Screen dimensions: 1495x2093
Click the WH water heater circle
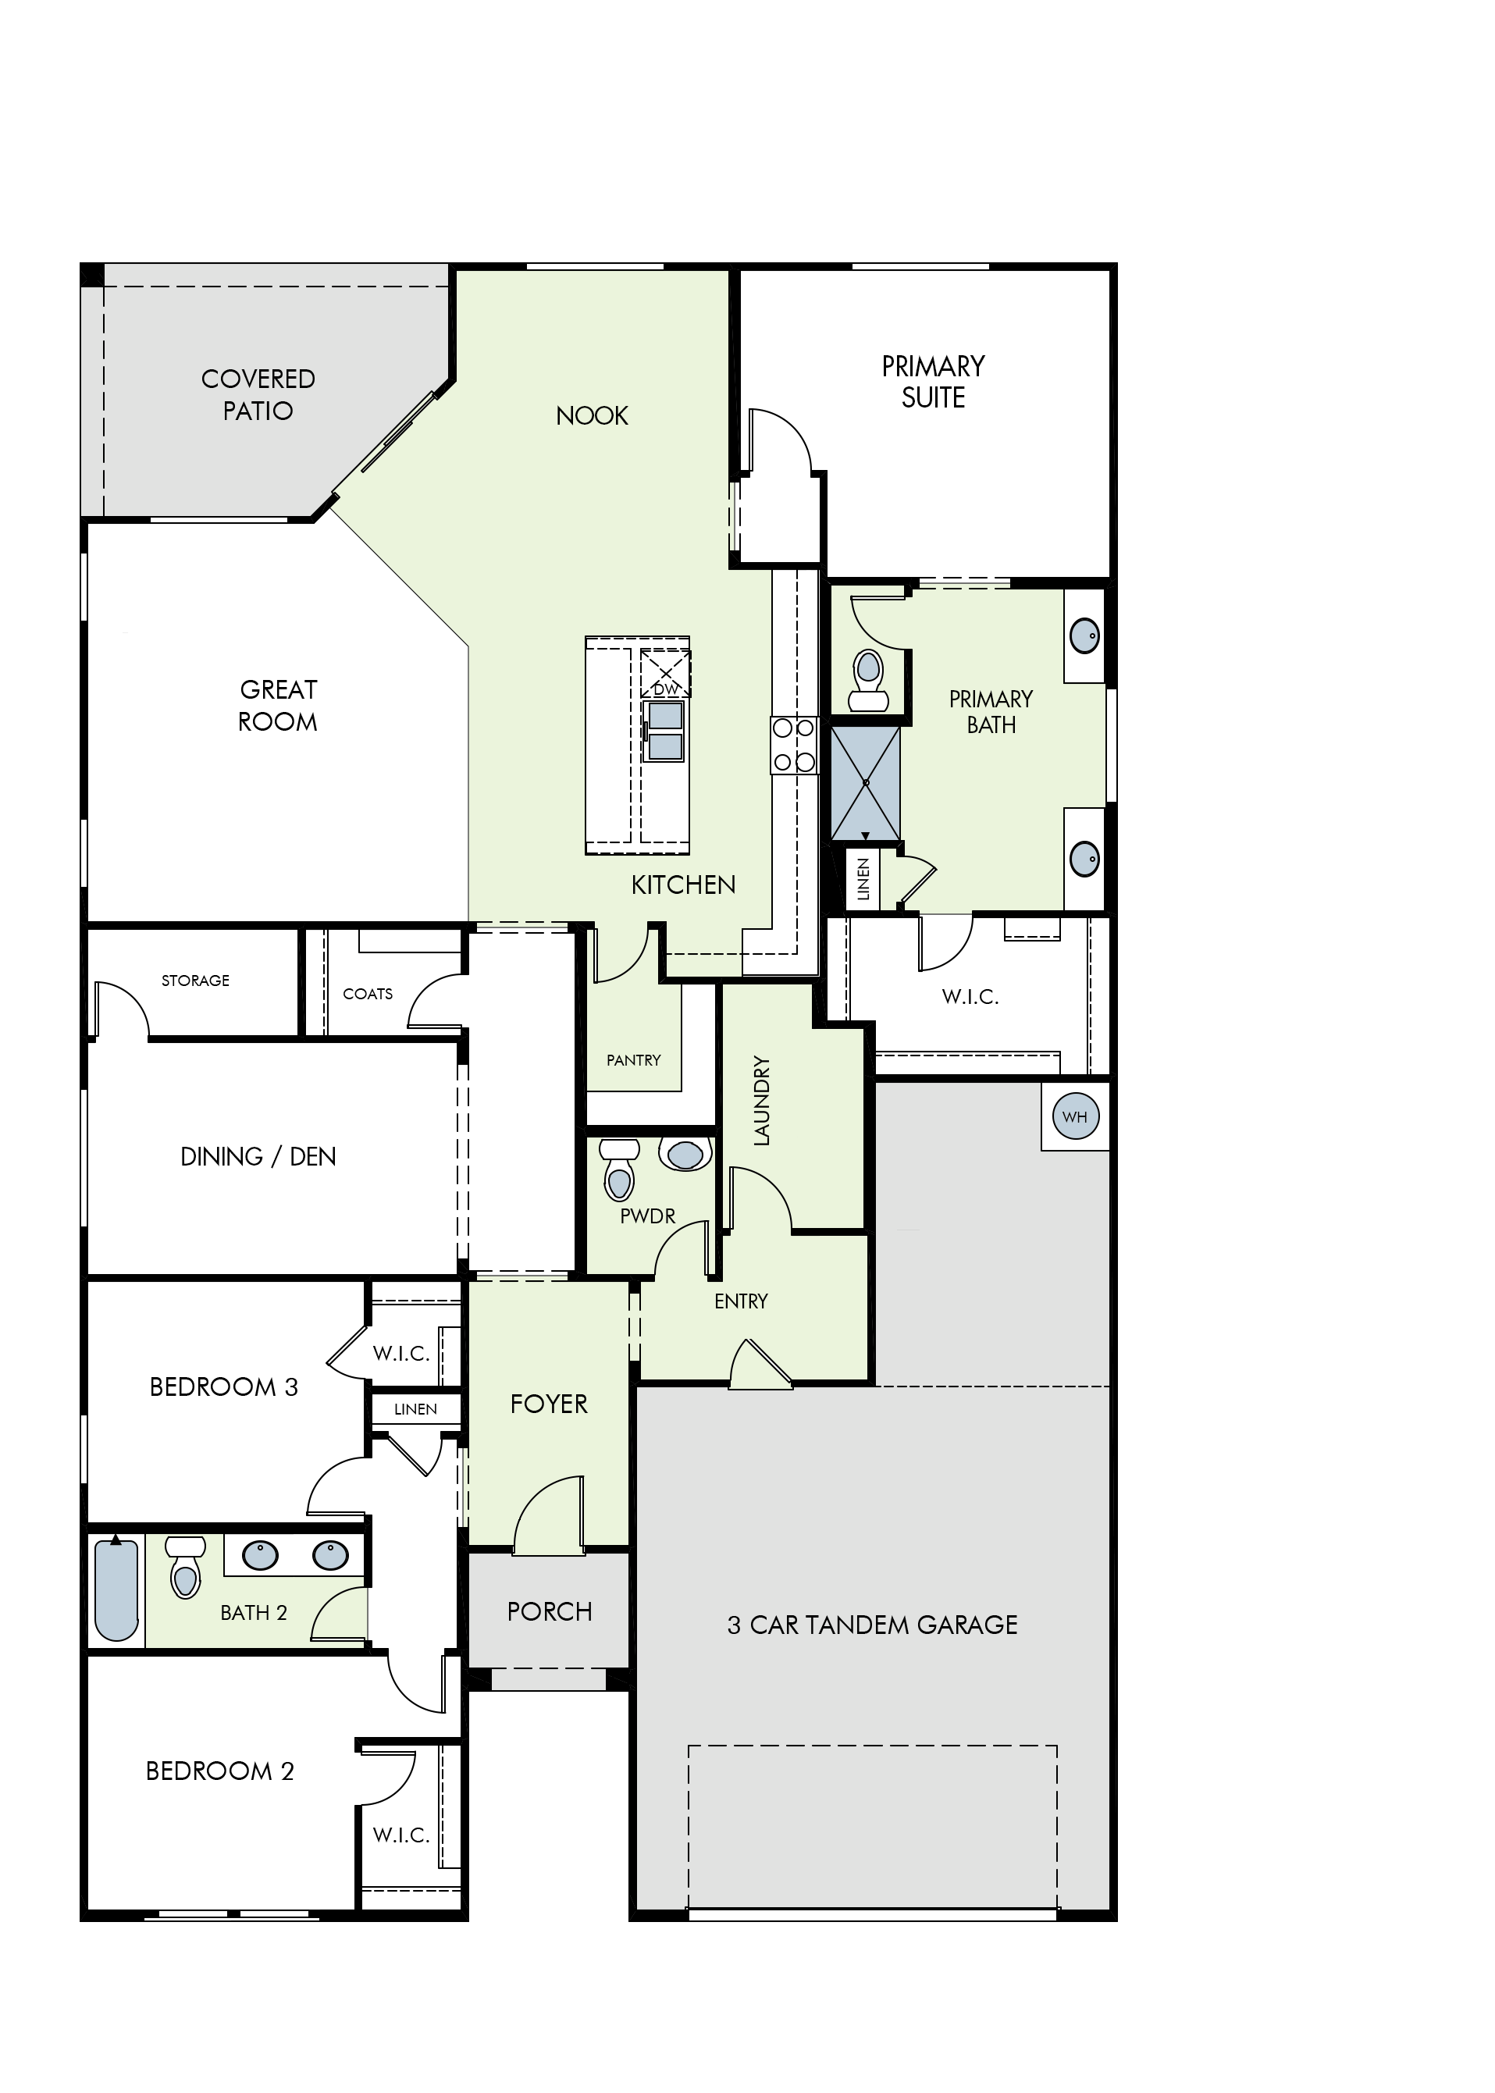[x=1075, y=1116]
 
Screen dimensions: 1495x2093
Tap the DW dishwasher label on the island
[x=666, y=689]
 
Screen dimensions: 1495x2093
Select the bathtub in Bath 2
[x=116, y=1589]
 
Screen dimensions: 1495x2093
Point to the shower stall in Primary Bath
[x=865, y=783]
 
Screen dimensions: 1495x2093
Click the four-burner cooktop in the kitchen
[x=793, y=745]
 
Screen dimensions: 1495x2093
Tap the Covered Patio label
[x=258, y=395]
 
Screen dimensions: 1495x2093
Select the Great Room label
[x=277, y=705]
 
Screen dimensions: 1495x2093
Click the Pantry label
[x=633, y=1060]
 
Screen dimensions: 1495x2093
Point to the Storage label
[x=195, y=981]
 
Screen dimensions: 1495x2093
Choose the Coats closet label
[x=367, y=994]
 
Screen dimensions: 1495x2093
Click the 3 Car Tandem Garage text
[x=872, y=1625]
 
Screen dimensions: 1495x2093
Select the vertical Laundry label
[x=761, y=1101]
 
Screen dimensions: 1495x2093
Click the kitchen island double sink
[x=664, y=731]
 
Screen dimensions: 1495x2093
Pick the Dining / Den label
[x=258, y=1157]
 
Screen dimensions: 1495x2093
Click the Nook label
[x=592, y=416]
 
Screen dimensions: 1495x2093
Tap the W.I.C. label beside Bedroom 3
[x=401, y=1353]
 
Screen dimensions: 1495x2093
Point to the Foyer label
[x=549, y=1404]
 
